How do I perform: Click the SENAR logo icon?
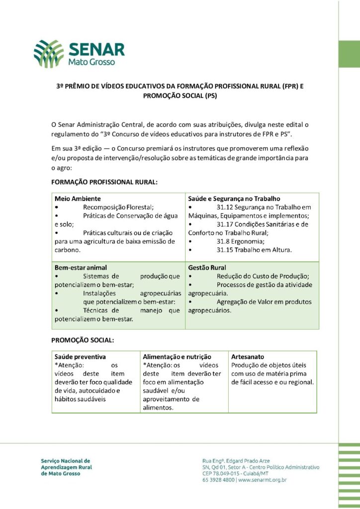(x=49, y=54)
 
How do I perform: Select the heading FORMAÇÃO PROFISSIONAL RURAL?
(x=104, y=182)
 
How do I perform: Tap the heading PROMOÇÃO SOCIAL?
(x=83, y=341)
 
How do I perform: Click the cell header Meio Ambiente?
(x=78, y=198)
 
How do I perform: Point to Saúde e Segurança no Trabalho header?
(x=234, y=198)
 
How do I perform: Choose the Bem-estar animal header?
(x=81, y=267)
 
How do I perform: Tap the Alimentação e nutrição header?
(x=177, y=357)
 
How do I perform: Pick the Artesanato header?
(x=248, y=357)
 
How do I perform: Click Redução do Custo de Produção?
(x=263, y=276)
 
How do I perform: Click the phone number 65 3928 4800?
(x=219, y=480)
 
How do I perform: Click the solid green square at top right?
(x=349, y=54)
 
